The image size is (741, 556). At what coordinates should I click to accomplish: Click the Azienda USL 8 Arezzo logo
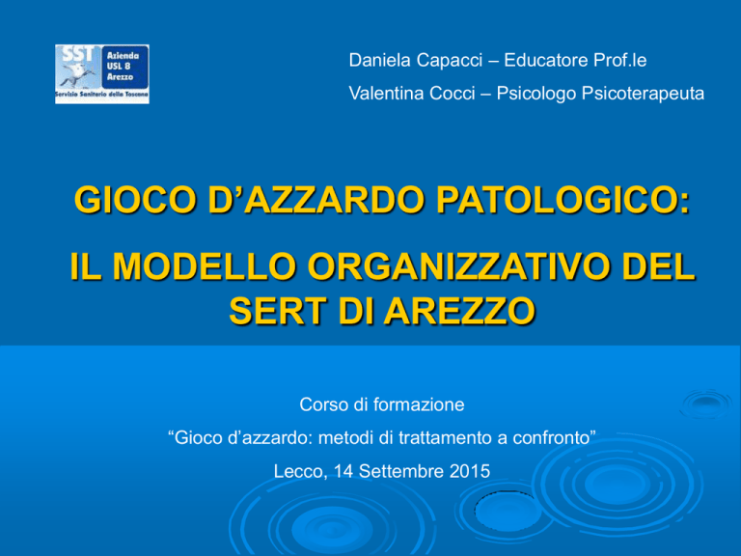pyautogui.click(x=102, y=74)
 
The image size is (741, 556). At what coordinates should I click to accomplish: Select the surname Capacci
pyautogui.click(x=450, y=61)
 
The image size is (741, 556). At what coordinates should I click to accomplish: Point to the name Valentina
pyautogui.click(x=386, y=93)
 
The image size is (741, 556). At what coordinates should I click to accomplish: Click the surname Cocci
pyautogui.click(x=452, y=93)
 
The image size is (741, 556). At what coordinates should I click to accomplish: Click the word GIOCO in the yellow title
pyautogui.click(x=135, y=200)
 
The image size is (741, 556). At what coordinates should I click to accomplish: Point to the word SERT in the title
pyautogui.click(x=278, y=311)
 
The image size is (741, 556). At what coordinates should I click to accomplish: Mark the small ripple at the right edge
pyautogui.click(x=705, y=403)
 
